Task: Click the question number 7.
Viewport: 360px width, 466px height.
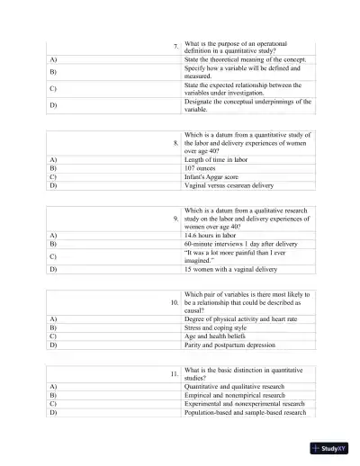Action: (x=175, y=47)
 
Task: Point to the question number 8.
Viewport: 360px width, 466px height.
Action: (x=175, y=142)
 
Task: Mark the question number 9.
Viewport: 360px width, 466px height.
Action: (x=175, y=218)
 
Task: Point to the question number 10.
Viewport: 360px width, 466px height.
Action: (x=175, y=302)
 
